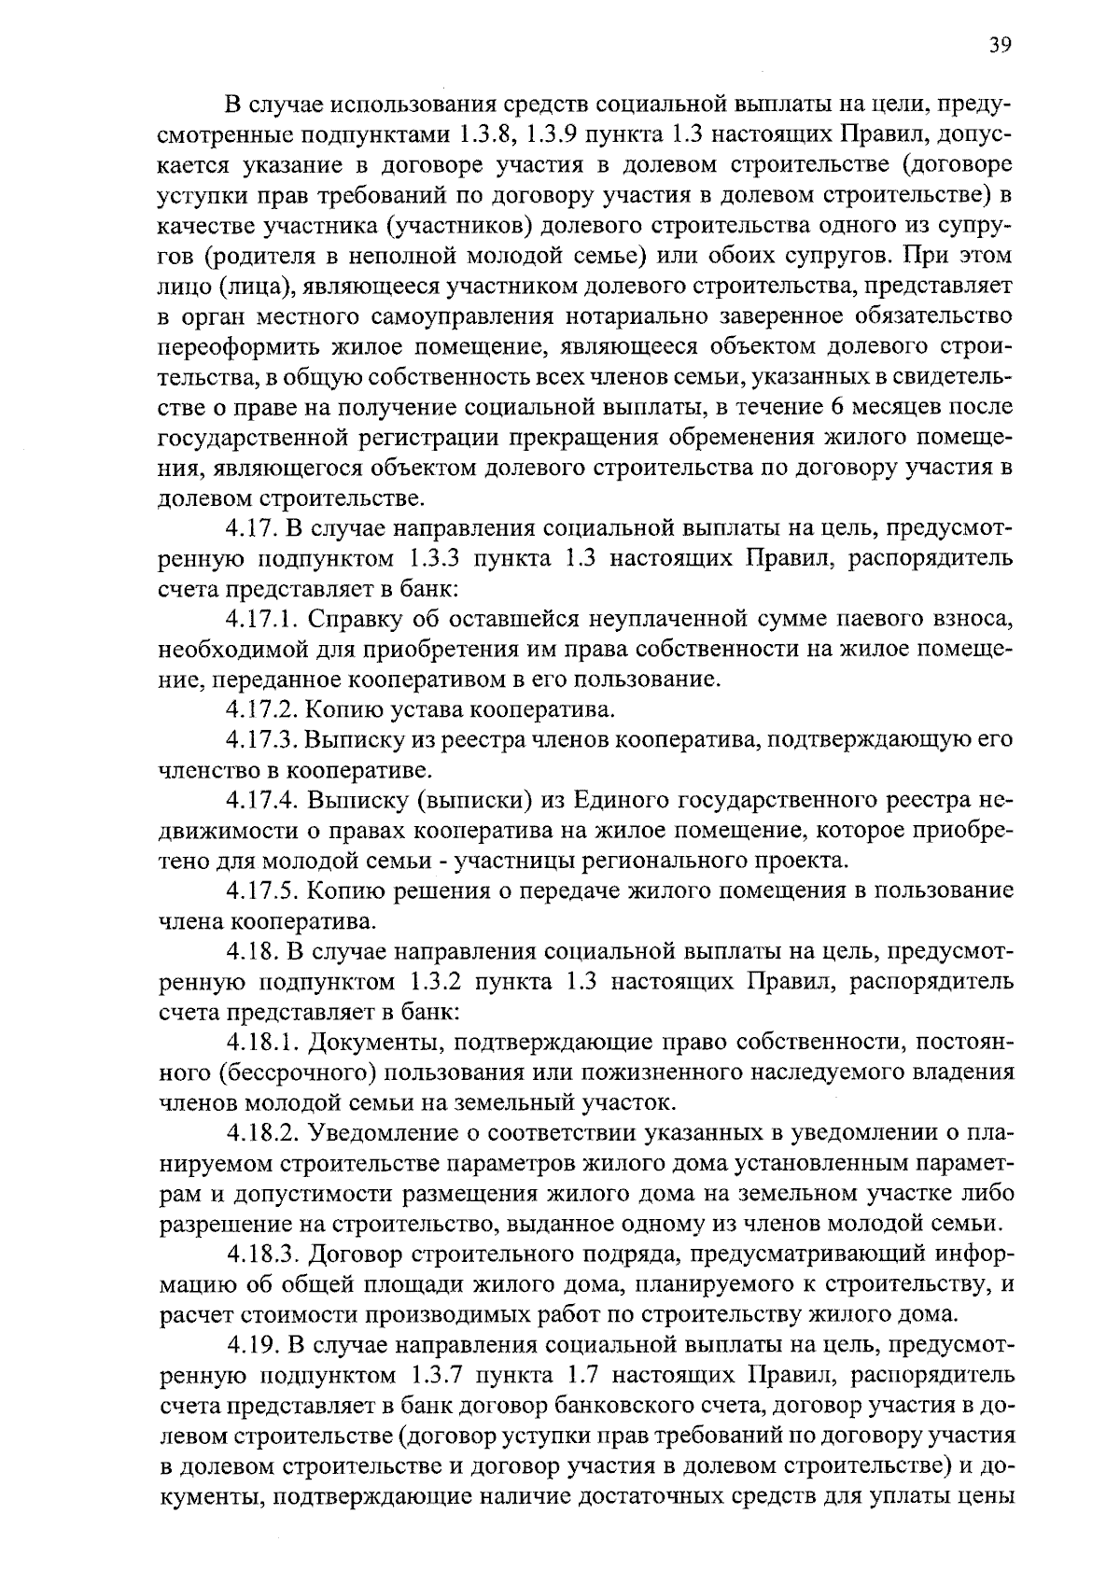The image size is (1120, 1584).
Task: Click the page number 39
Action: tap(1000, 46)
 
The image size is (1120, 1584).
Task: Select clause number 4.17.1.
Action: tap(262, 619)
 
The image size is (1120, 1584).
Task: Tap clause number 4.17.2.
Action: tap(262, 710)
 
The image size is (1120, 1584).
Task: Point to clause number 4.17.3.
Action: tap(262, 740)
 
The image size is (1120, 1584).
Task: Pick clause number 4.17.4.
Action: tap(262, 801)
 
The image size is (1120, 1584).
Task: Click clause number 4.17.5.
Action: tap(262, 891)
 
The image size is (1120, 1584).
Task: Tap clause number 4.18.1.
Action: tap(262, 1043)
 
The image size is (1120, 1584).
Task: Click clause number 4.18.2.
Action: tap(262, 1133)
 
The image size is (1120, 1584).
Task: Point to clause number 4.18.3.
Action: tap(262, 1255)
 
